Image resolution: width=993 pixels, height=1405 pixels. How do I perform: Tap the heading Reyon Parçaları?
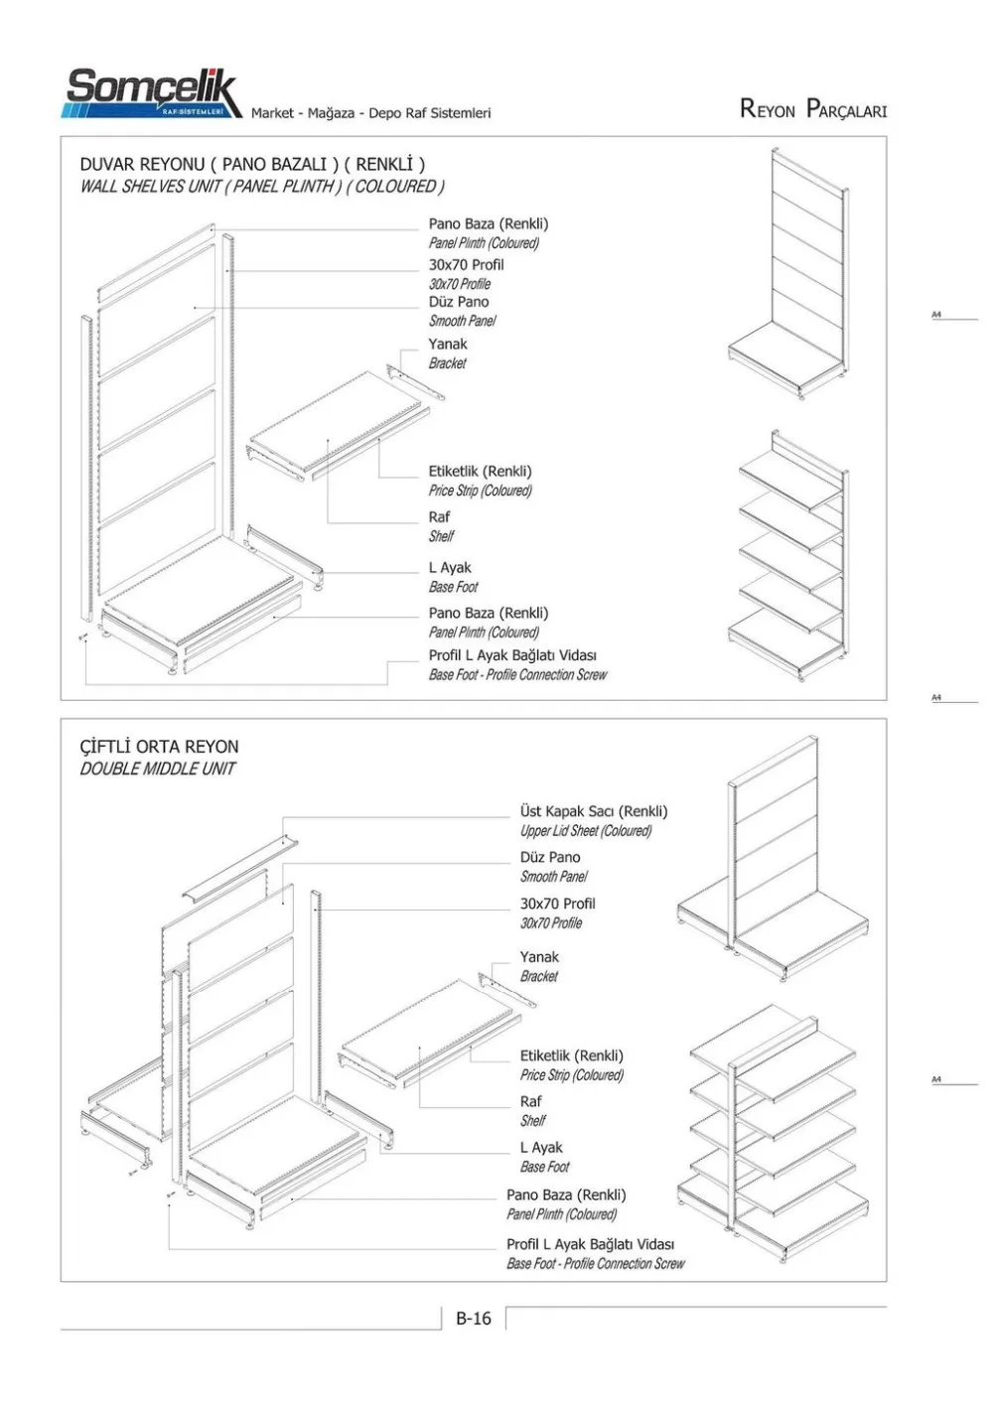[812, 109]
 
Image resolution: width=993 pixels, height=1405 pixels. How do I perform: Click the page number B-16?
[473, 1319]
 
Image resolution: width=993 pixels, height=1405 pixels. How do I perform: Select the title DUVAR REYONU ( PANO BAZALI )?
[252, 164]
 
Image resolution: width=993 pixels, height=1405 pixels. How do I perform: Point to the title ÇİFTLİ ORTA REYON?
[159, 747]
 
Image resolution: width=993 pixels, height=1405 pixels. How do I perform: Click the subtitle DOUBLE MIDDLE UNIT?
[157, 769]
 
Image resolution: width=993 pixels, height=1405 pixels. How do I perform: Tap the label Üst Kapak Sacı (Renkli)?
[594, 811]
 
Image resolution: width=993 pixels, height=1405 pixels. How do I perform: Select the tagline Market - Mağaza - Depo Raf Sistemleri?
[370, 113]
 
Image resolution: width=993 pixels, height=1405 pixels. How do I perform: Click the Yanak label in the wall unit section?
[448, 344]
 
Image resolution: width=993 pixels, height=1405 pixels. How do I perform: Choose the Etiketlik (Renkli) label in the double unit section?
[572, 1055]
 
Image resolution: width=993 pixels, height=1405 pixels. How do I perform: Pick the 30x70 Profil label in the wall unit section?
[466, 264]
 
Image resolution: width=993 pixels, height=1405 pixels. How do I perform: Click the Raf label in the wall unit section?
[439, 516]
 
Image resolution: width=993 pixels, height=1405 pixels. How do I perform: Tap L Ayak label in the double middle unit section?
[541, 1147]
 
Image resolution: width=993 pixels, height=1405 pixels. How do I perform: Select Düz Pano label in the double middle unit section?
[550, 857]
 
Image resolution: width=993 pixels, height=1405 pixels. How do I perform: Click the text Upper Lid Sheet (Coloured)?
[586, 831]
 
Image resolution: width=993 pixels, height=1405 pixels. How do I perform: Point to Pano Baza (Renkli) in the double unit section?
[566, 1194]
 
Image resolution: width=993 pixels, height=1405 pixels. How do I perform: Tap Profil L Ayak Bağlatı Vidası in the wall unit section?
[512, 655]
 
